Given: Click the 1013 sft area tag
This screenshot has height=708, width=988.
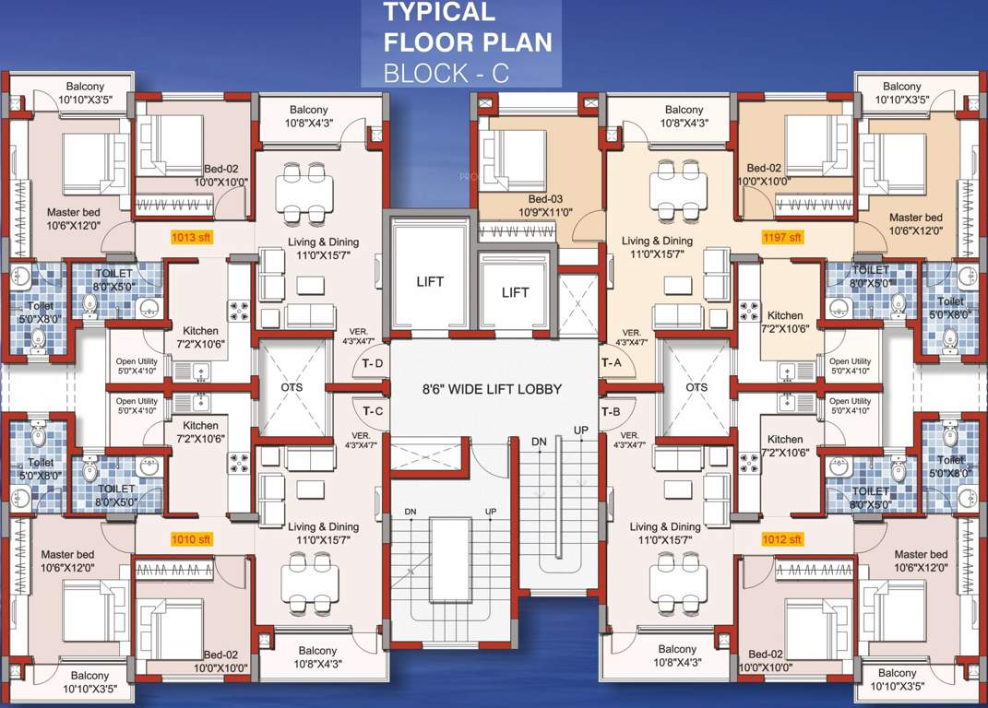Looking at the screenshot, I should [192, 237].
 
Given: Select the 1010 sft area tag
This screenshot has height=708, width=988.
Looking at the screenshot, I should [192, 538].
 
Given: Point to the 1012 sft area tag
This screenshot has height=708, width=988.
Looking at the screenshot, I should [782, 538].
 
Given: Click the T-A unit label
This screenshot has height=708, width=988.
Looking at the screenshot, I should [612, 363].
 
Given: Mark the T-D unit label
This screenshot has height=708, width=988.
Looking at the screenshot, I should [373, 363].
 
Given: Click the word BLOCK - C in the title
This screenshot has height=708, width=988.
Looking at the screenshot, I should [446, 73].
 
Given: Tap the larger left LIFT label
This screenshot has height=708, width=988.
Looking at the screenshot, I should [430, 282].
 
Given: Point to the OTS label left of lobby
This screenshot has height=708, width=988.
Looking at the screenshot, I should [292, 387].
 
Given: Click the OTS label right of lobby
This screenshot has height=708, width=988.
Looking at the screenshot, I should [696, 387].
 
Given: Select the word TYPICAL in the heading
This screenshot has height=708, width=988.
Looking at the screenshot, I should [439, 12].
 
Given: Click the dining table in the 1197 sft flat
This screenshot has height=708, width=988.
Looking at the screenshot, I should [673, 192].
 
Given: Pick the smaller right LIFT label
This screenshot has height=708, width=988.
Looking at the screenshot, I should [515, 292].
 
